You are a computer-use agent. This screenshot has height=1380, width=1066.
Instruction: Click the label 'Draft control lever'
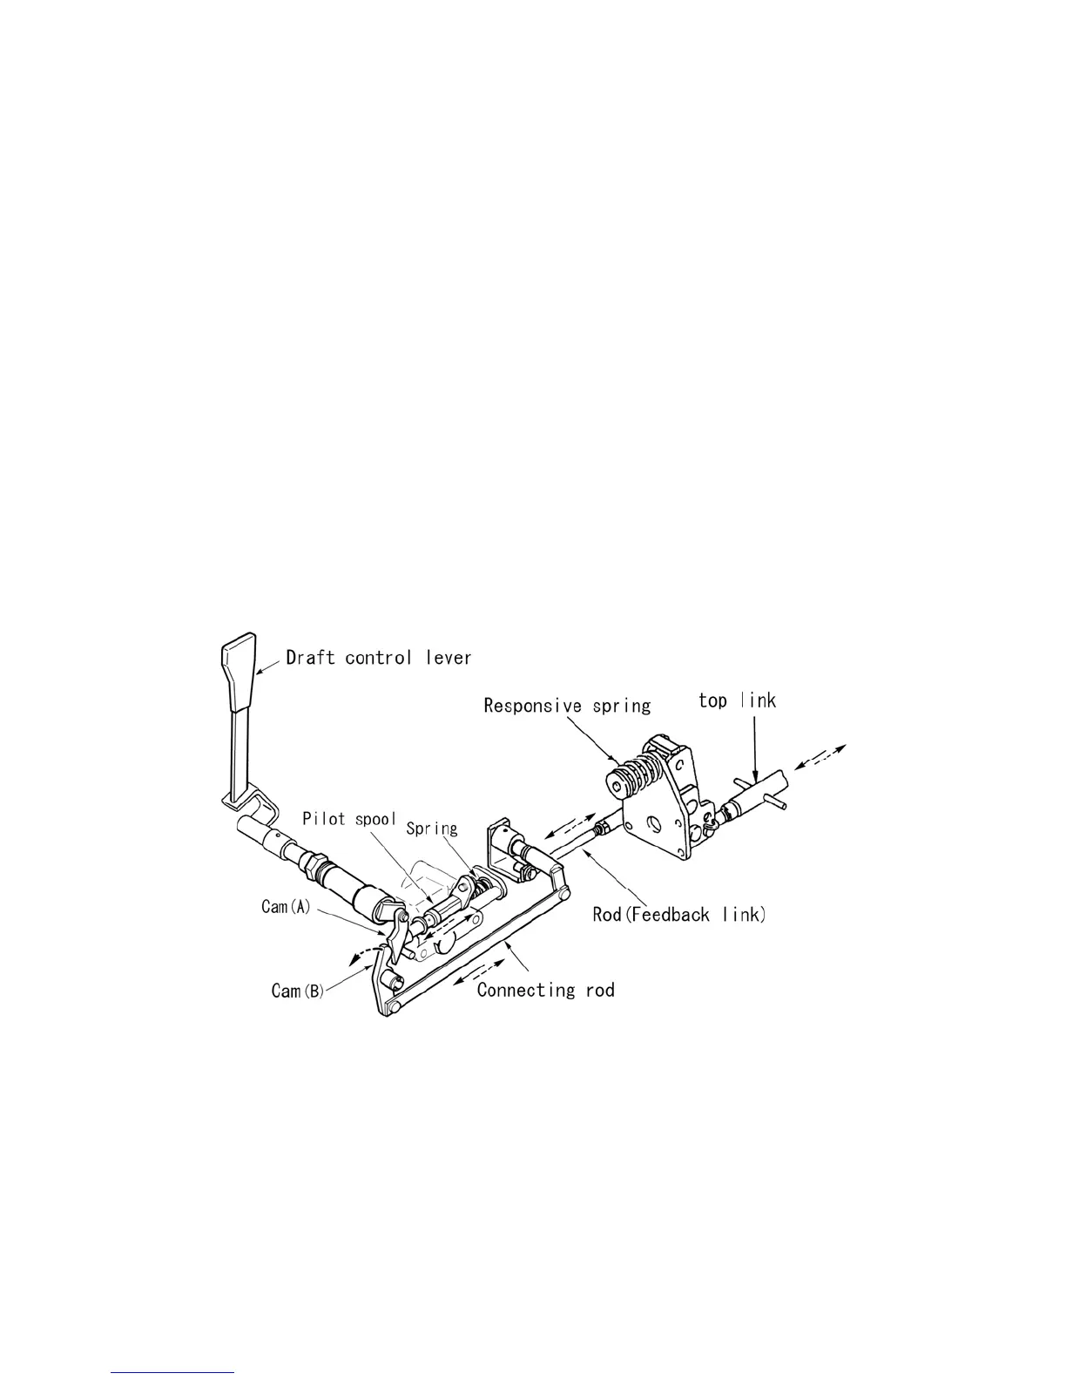379,657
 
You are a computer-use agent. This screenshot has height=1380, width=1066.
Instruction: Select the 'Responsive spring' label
567,704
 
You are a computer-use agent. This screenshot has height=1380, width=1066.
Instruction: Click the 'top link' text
737,700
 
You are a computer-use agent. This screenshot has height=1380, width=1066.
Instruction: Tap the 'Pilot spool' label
349,819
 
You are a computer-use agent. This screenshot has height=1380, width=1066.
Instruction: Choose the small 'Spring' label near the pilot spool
432,829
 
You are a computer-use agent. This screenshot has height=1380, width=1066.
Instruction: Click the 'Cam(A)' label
286,907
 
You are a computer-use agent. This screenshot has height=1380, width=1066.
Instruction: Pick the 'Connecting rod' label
546,990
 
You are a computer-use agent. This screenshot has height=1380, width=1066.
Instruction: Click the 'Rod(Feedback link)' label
679,915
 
